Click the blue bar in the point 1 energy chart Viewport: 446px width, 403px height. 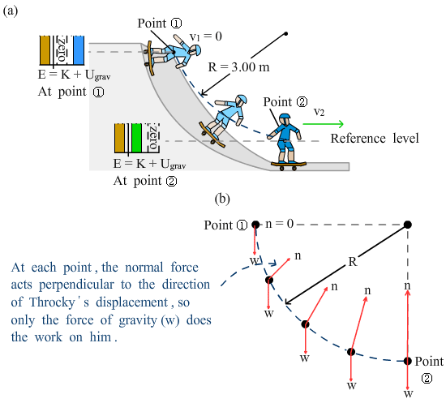(79, 50)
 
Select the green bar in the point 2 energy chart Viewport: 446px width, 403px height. (136, 138)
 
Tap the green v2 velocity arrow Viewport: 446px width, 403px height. (323, 124)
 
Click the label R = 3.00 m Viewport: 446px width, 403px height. (238, 67)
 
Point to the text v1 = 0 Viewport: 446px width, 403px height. (206, 36)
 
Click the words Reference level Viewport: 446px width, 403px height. (375, 139)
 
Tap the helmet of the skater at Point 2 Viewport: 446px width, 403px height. (285, 118)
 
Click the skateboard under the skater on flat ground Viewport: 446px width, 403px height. (289, 165)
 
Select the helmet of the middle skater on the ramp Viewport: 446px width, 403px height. (242, 100)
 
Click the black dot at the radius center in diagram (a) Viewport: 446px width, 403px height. (286, 34)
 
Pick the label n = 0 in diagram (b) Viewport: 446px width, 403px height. (279, 224)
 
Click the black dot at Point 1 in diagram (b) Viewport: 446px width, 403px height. (255, 225)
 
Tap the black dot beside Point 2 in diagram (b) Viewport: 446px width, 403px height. (408, 361)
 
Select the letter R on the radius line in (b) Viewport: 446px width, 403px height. (353, 261)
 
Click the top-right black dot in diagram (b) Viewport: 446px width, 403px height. (408, 225)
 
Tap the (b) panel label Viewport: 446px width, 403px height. (222, 199)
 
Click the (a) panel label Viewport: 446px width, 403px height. (11, 11)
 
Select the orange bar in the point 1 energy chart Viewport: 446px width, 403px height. (45, 50)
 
